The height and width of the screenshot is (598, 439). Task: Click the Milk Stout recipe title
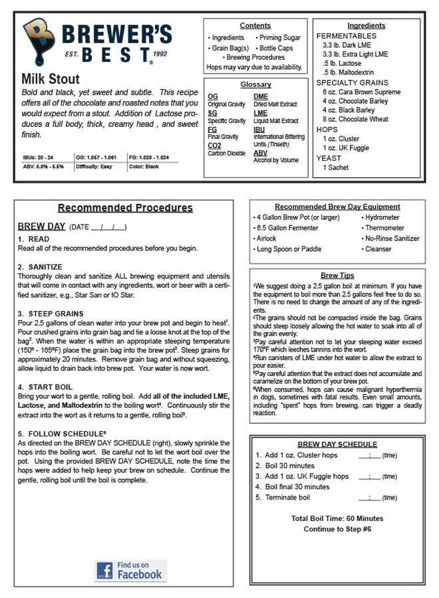coord(51,80)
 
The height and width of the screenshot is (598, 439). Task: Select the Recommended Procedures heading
coord(125,208)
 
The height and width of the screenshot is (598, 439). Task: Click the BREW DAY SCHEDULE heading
coord(337,444)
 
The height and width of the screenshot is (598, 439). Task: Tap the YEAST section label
coord(329,158)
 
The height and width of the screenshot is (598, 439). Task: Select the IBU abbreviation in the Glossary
coord(259,129)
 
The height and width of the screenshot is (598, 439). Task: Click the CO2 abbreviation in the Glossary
coord(214,145)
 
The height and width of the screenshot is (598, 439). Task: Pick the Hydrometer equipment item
coord(382,217)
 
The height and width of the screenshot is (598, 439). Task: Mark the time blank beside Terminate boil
coord(369,497)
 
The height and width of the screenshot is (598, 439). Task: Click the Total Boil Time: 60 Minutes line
coord(337,518)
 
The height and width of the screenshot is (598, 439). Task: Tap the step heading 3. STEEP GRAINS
coord(51,314)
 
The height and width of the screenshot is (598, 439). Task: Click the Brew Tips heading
coord(337,275)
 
